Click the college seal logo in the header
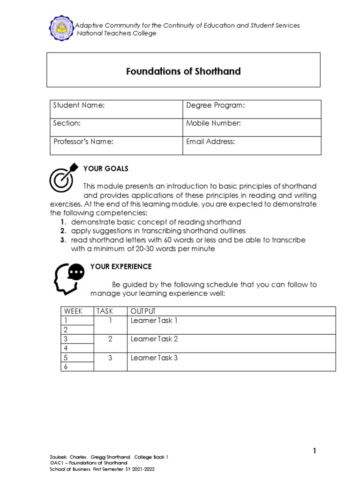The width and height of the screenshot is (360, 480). (x=62, y=28)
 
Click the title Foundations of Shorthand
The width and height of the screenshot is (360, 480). (x=183, y=71)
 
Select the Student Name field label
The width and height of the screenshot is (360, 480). (x=78, y=105)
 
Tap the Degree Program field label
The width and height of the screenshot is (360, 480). (x=216, y=105)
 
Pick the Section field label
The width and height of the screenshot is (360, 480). (x=67, y=123)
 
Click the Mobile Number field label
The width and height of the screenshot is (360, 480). (x=213, y=123)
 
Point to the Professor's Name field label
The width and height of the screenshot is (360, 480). (x=83, y=141)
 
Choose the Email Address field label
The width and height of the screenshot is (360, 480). (x=210, y=141)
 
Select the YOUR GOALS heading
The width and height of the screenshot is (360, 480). (x=105, y=168)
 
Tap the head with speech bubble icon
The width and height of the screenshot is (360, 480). (x=69, y=277)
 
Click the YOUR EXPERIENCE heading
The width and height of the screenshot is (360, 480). (x=120, y=266)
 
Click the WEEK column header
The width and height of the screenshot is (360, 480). (x=73, y=311)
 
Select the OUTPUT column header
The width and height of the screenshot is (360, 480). (x=143, y=311)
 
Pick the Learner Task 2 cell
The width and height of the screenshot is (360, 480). (x=154, y=339)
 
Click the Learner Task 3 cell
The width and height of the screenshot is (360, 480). (x=154, y=358)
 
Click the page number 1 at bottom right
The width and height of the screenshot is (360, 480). (x=315, y=451)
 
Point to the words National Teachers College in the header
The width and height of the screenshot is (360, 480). (x=117, y=33)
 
